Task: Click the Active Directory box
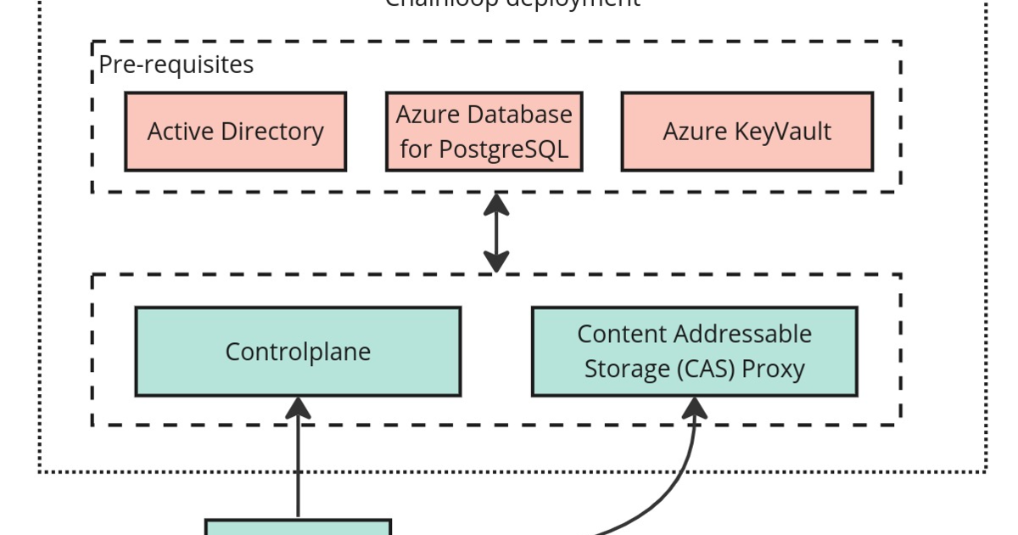coord(235,132)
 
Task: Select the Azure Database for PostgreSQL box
coord(484,132)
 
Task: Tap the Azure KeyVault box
coord(747,132)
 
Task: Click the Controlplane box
coord(298,352)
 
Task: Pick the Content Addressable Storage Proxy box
coord(694,352)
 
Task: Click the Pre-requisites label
coord(176,65)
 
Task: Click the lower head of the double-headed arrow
coord(496,261)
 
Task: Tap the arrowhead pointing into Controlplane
coord(298,408)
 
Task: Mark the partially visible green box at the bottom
coord(298,527)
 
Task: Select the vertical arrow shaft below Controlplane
coord(298,467)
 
